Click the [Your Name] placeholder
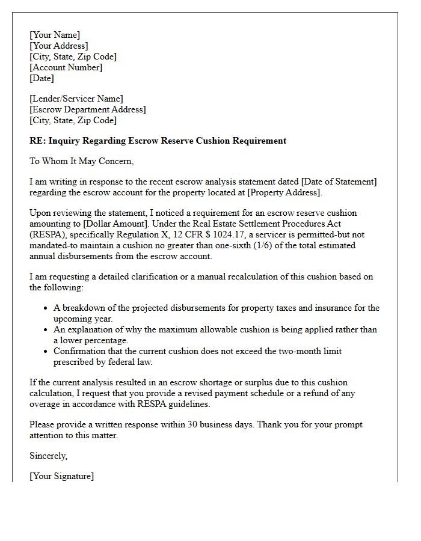55,35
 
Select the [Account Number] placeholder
66,67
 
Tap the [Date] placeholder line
42,78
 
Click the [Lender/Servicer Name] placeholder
76,99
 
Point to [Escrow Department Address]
88,109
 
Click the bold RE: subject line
158,141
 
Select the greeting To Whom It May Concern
81,161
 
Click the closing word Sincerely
49,456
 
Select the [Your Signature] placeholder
62,476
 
